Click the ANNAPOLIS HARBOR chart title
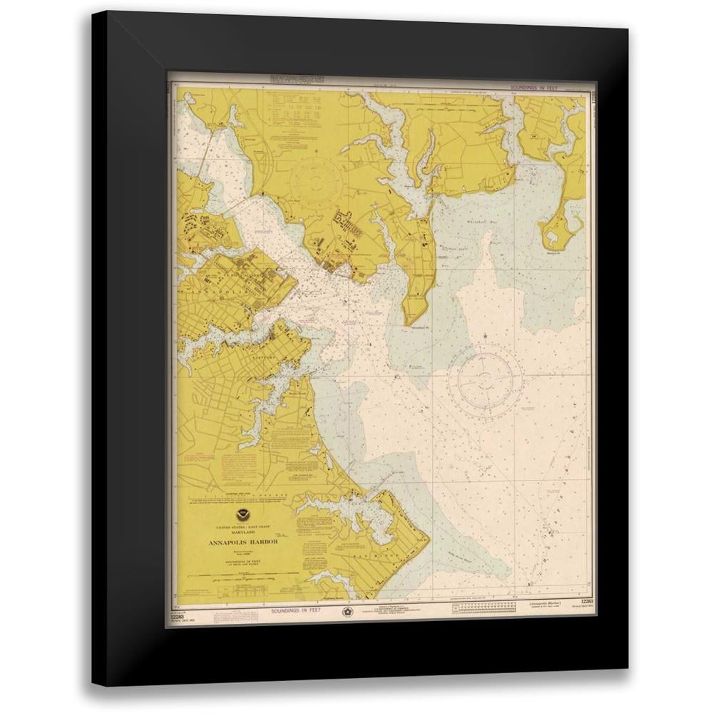(x=243, y=542)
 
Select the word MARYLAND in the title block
(x=243, y=533)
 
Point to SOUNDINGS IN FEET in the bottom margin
(x=296, y=610)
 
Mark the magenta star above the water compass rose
(x=485, y=335)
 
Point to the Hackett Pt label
(x=557, y=252)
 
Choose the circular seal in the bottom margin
(x=347, y=611)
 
